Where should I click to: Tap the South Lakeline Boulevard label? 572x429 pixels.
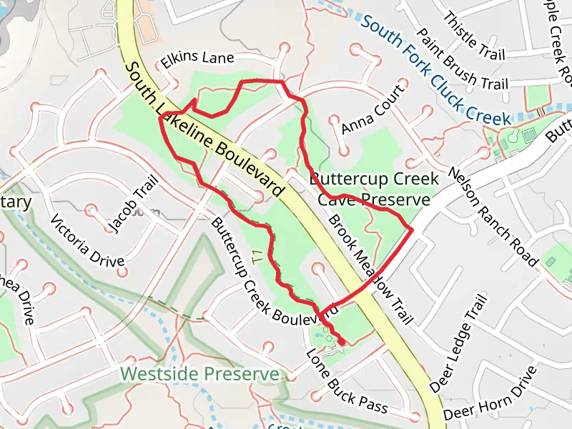coord(205,130)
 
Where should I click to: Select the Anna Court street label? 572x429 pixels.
coord(373,108)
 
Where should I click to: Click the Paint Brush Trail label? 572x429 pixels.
coord(463,60)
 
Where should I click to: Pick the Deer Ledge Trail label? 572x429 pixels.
coord(459,342)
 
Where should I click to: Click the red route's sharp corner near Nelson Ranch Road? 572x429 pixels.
coord(413,228)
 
